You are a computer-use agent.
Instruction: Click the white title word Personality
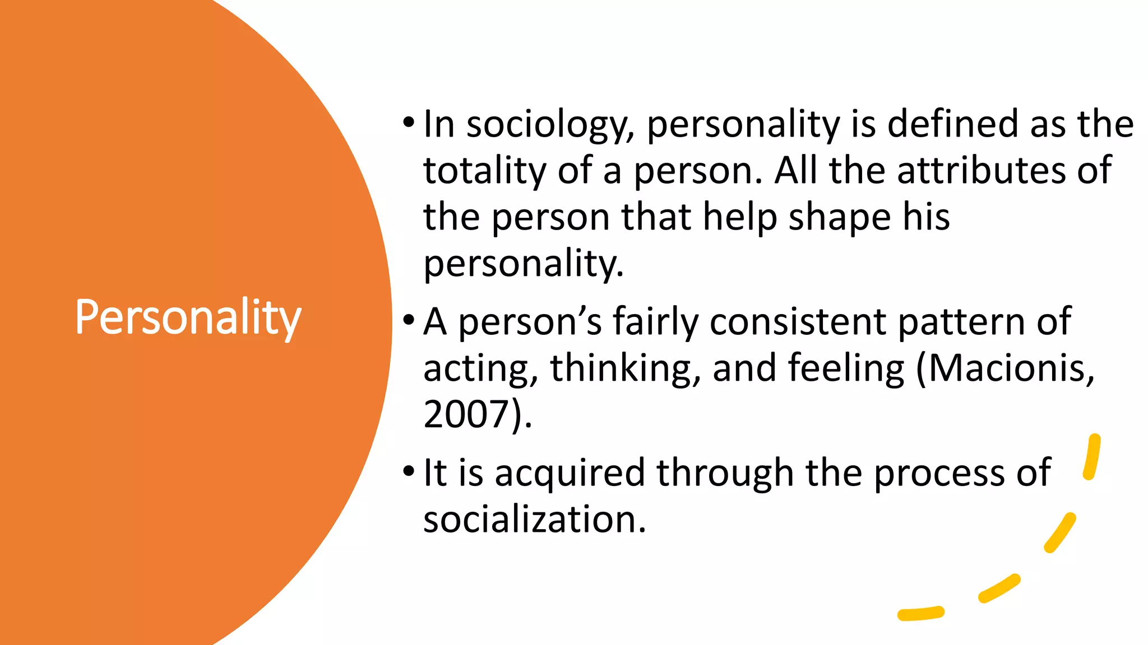[x=188, y=318]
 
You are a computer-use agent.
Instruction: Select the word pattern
[x=961, y=323]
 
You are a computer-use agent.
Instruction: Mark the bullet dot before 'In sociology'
[x=409, y=122]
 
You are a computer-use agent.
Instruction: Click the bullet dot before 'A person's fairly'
[x=409, y=320]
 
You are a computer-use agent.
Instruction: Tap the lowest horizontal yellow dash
[x=920, y=614]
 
